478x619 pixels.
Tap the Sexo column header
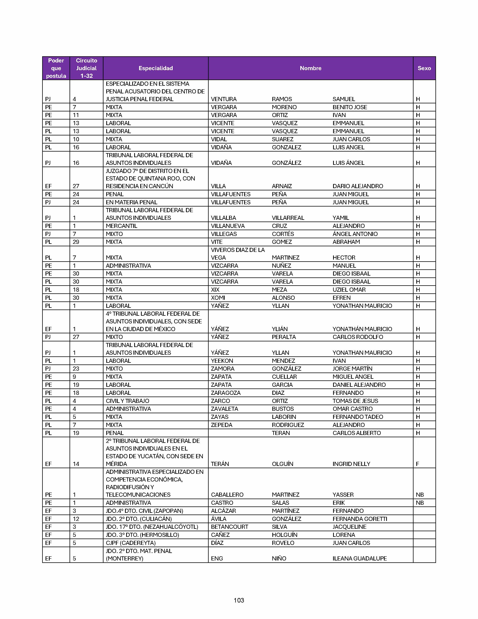[424, 68]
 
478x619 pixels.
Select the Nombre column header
[310, 68]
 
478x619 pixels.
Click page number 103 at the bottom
[239, 600]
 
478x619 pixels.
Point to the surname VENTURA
[224, 99]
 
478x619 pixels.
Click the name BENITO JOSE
[350, 107]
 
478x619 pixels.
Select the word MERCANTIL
[121, 226]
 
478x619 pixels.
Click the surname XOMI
[218, 298]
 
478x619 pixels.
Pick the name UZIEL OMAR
[349, 290]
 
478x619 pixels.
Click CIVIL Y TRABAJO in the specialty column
[127, 401]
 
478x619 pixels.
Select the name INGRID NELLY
[351, 464]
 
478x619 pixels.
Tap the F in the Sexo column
[417, 464]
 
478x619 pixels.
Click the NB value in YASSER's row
[420, 495]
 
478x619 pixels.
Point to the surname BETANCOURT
[229, 527]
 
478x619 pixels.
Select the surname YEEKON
[222, 361]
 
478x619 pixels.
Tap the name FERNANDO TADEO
[358, 417]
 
